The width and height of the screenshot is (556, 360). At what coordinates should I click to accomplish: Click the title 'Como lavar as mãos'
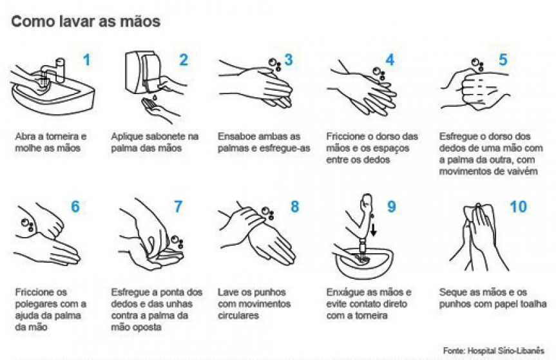click(x=86, y=21)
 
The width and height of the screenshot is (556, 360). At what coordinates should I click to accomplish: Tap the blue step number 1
click(x=86, y=60)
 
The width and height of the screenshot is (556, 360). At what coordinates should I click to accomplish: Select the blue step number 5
click(x=503, y=59)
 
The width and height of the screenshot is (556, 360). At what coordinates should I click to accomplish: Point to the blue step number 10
click(x=518, y=207)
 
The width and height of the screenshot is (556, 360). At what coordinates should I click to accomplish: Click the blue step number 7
click(x=178, y=207)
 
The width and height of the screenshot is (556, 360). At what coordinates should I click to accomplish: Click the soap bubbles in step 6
click(x=27, y=225)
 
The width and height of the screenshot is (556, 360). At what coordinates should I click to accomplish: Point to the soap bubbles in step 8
click(x=268, y=213)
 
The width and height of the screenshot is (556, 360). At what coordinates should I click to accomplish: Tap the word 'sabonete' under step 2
click(x=164, y=137)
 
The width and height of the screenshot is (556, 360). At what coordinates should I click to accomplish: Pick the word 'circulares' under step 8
click(x=238, y=316)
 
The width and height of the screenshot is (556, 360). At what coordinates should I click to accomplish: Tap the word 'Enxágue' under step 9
click(x=343, y=292)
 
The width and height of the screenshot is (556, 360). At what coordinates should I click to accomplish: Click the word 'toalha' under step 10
click(x=533, y=304)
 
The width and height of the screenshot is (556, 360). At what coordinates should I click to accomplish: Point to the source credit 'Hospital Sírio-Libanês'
click(x=506, y=351)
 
